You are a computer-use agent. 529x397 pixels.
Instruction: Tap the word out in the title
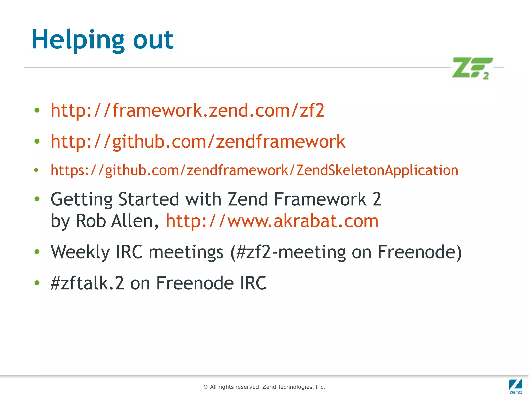tap(153, 40)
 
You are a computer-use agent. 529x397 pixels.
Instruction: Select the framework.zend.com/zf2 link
tap(188, 110)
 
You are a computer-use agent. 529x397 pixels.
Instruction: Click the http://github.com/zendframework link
tap(198, 141)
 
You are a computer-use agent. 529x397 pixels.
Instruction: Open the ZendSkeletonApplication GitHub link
tap(254, 170)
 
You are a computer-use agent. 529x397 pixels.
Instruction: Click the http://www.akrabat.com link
tap(272, 221)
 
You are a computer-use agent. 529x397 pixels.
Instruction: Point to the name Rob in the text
tap(91, 221)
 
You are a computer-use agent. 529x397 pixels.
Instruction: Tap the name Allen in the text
tap(135, 221)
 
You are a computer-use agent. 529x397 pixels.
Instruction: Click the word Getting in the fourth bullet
tap(81, 199)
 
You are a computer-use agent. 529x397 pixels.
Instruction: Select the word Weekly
tap(80, 252)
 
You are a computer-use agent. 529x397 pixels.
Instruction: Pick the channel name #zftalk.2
tap(87, 283)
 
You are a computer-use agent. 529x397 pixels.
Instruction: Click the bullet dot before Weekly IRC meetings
tap(37, 252)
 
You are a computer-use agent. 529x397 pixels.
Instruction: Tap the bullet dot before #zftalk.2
tap(37, 283)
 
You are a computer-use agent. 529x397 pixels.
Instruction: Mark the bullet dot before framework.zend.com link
tap(37, 110)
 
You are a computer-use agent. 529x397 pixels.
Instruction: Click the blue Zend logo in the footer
tap(515, 386)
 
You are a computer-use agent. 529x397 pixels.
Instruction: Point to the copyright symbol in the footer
tap(206, 387)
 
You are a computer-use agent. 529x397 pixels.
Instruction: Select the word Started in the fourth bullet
tap(149, 199)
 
